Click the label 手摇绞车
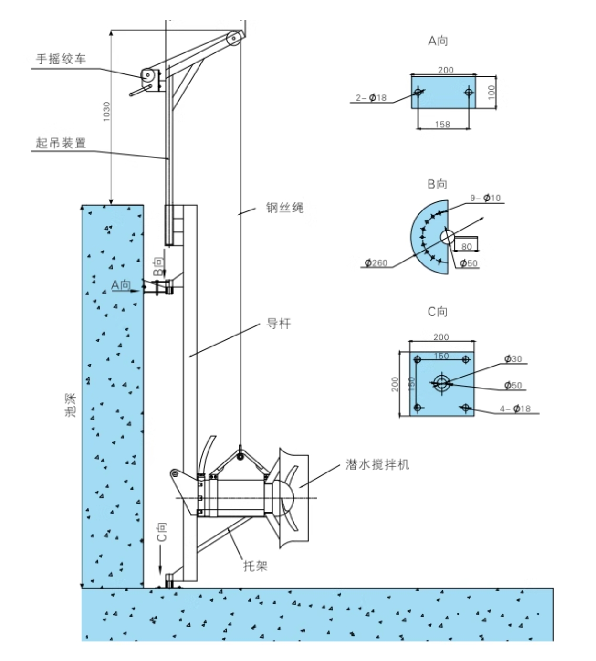click(61, 59)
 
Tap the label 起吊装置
click(61, 142)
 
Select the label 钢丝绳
click(285, 208)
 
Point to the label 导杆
click(278, 324)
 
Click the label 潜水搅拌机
click(377, 464)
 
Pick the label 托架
click(255, 566)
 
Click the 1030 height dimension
click(106, 111)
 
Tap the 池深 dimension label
click(71, 405)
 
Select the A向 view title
click(438, 41)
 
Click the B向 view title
click(437, 184)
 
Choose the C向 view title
click(437, 312)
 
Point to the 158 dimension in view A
click(442, 125)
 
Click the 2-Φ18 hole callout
click(371, 98)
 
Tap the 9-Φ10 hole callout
click(485, 198)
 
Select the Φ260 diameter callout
click(376, 262)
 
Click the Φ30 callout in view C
click(513, 359)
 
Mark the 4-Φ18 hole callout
click(515, 409)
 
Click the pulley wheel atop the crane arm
click(234, 40)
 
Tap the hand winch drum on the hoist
click(147, 75)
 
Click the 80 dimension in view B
click(466, 246)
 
